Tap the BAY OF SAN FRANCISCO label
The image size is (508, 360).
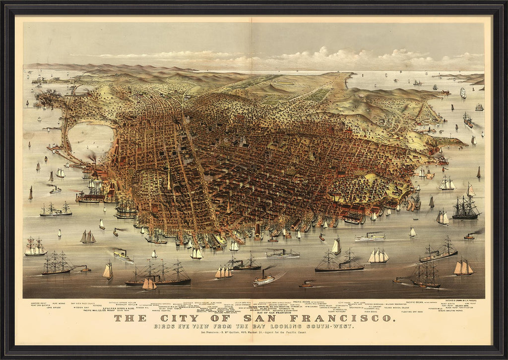coord(272,312)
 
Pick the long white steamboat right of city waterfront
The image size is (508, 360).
coord(370,238)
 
